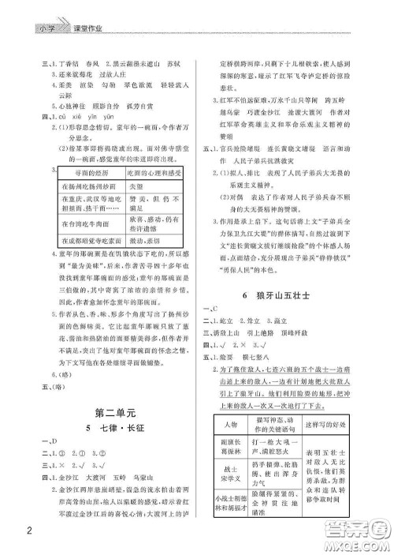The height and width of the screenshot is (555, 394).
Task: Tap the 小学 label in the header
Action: tap(45, 31)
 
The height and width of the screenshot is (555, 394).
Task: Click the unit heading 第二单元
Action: tap(115, 412)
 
